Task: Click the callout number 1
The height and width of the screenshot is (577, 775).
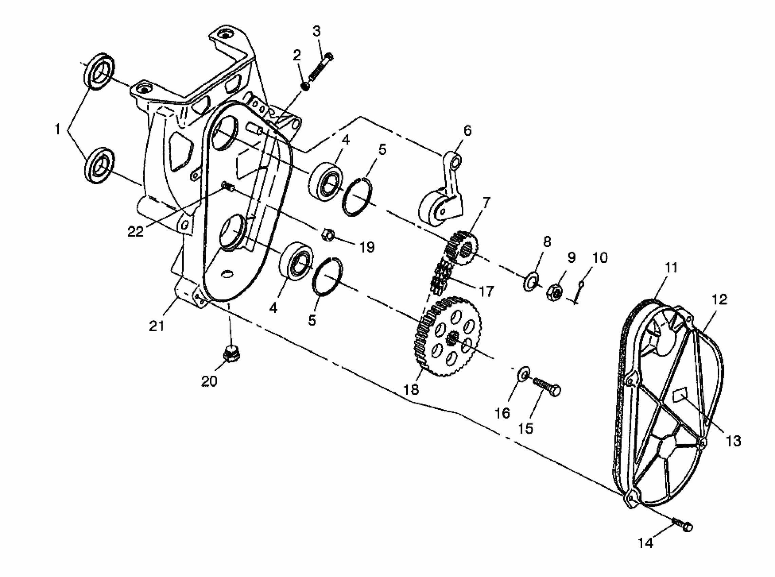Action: pyautogui.click(x=58, y=130)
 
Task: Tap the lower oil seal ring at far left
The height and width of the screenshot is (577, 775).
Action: pyautogui.click(x=99, y=166)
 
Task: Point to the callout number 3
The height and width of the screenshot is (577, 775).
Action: pyautogui.click(x=316, y=32)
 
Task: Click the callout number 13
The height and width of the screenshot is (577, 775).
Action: pyautogui.click(x=734, y=442)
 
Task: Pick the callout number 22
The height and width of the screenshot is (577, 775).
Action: pyautogui.click(x=135, y=231)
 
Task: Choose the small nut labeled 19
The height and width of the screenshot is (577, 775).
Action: pyautogui.click(x=327, y=235)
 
